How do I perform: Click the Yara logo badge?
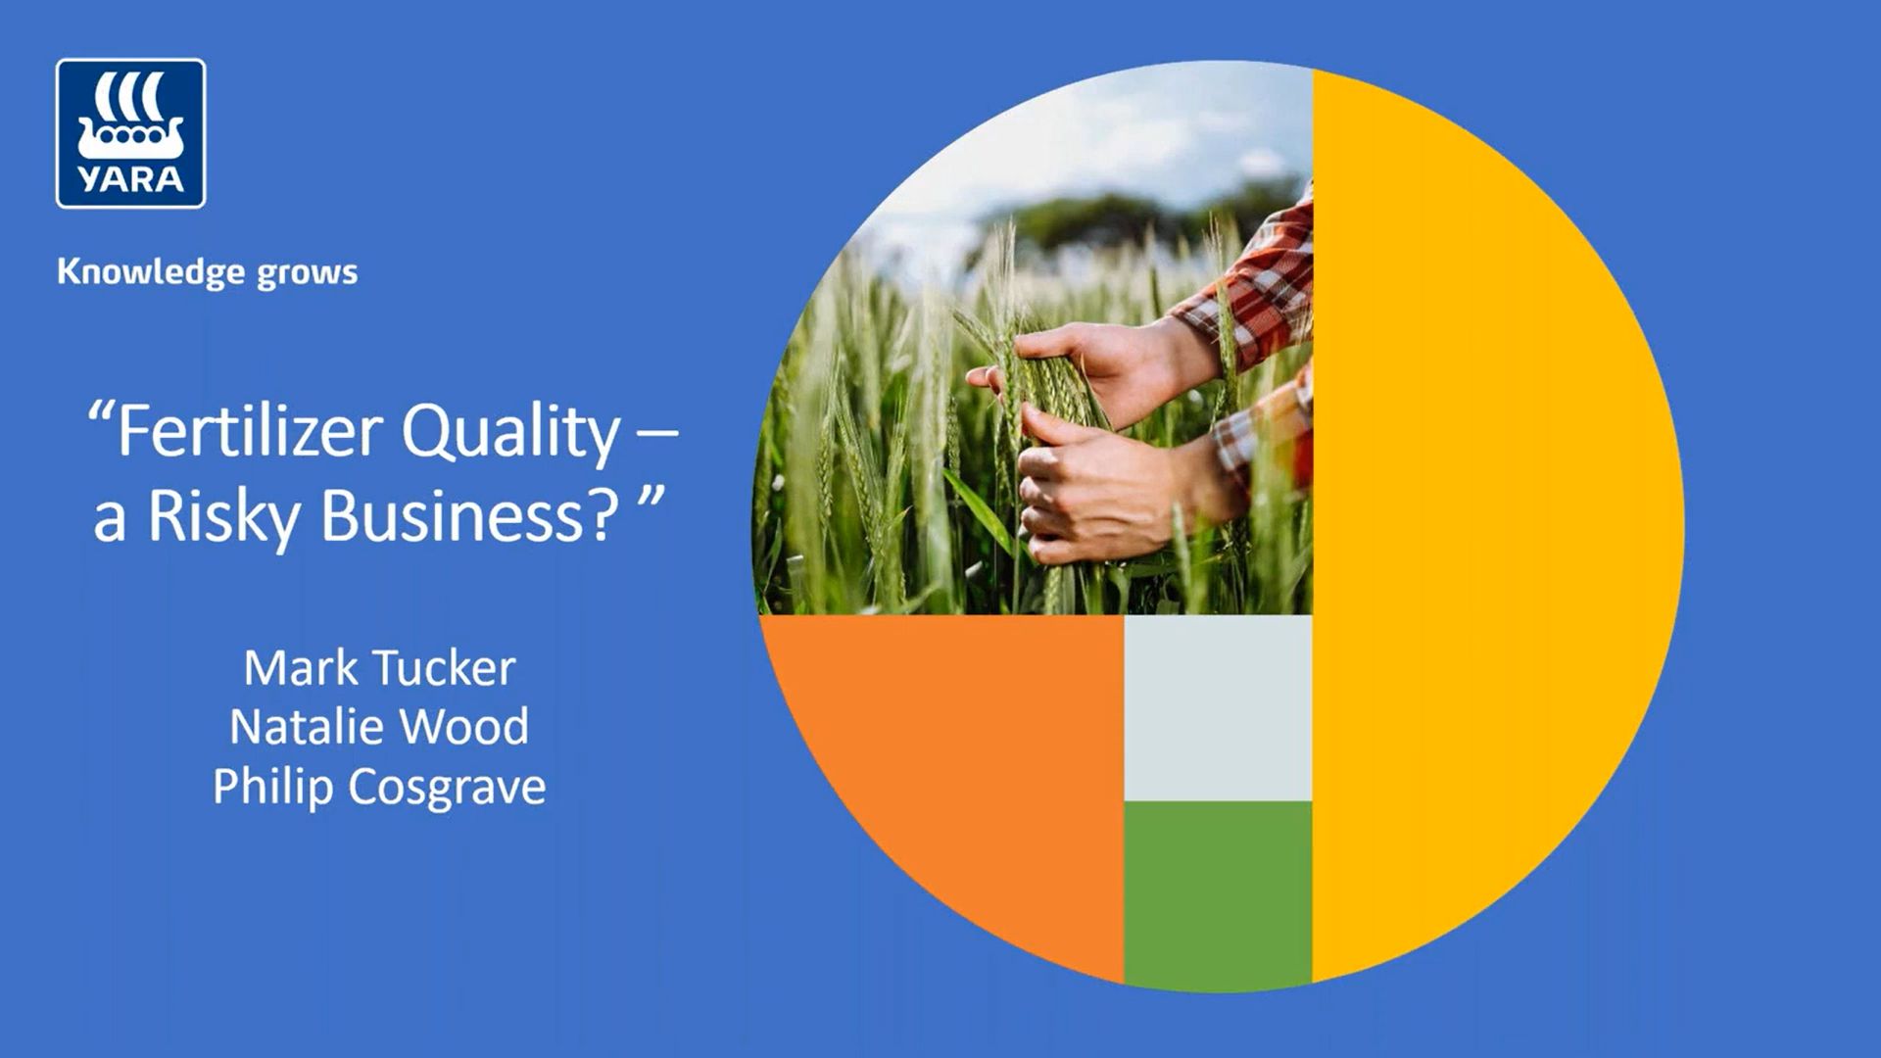(130, 133)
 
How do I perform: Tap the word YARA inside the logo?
(130, 179)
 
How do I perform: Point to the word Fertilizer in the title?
(250, 432)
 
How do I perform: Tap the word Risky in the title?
(223, 516)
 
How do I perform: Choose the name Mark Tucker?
(379, 668)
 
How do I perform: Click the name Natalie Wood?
(379, 727)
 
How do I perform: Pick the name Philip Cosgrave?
(379, 787)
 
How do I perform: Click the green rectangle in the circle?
(1217, 891)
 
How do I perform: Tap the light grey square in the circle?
(1217, 707)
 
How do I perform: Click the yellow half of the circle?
(1489, 529)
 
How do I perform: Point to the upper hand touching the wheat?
(1097, 362)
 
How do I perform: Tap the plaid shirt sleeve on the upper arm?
(1254, 294)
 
